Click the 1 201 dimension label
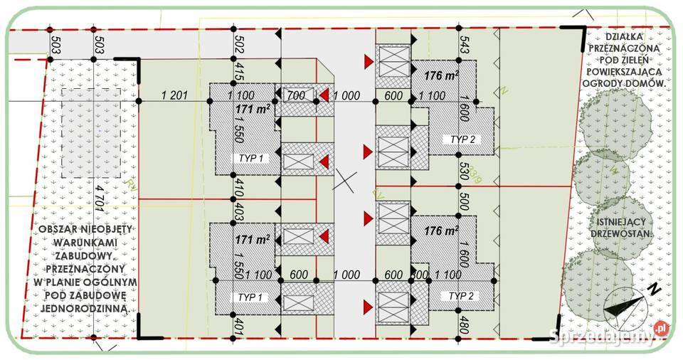pyautogui.click(x=175, y=96)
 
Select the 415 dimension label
pyautogui.click(x=240, y=72)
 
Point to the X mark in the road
pyautogui.click(x=346, y=181)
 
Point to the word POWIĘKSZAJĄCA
pyautogui.click(x=625, y=71)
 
